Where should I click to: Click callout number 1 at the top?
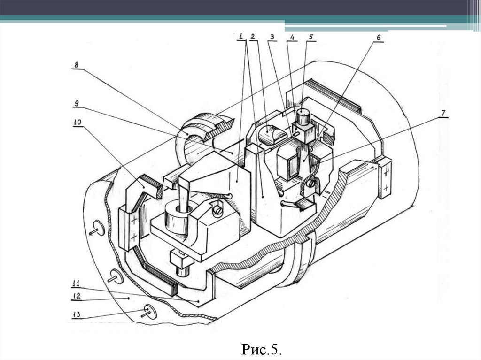tap(240, 36)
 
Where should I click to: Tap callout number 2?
tap(252, 36)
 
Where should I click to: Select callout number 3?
tap(272, 36)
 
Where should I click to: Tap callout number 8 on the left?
tap(75, 64)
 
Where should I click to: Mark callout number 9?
tap(76, 102)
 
